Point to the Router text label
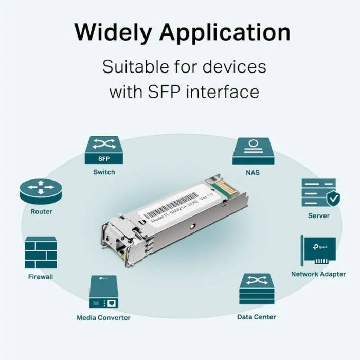coord(41,212)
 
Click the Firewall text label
coord(41,277)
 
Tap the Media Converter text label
coord(103,318)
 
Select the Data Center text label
coord(256,317)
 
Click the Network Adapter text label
coord(318,274)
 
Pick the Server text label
coord(319,215)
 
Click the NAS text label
coord(253,173)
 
